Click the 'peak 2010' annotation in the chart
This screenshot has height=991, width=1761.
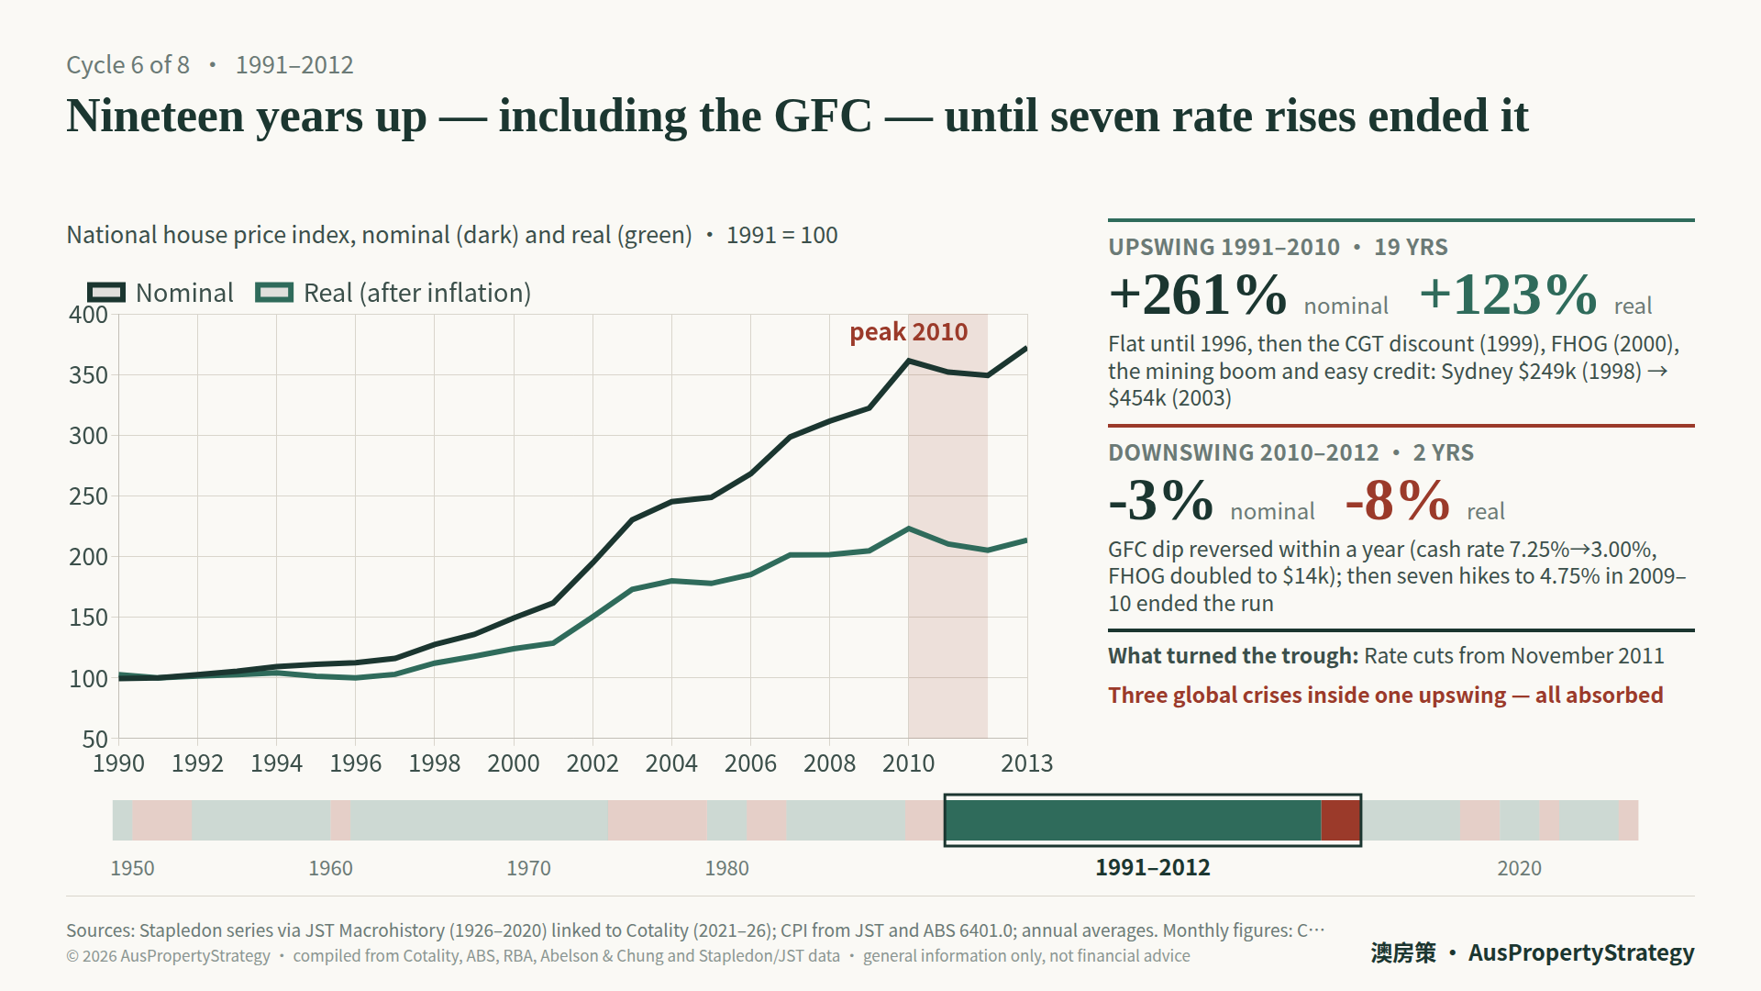908,332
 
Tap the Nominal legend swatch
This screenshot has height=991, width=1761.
106,293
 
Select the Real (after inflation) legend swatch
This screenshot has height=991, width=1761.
274,293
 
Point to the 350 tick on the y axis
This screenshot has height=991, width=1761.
89,375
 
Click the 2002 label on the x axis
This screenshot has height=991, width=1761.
593,763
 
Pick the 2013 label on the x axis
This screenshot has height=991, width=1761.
1026,763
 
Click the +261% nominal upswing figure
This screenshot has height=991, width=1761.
1198,295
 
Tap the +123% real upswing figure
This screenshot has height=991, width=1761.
1508,295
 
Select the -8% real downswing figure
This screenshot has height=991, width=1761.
1398,501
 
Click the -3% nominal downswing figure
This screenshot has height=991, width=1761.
1161,501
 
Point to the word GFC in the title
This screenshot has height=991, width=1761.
823,117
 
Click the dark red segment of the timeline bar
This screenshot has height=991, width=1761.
1340,820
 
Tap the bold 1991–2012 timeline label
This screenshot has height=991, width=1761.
1153,868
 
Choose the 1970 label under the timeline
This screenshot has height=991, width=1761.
529,868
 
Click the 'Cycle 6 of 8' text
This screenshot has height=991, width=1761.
128,65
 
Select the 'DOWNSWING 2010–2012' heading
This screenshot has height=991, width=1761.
1244,452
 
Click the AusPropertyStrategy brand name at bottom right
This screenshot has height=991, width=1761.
1581,952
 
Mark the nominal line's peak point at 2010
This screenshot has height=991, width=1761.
909,361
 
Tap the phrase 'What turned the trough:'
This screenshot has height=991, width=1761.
1233,656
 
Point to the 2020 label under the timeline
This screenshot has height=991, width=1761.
1520,868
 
